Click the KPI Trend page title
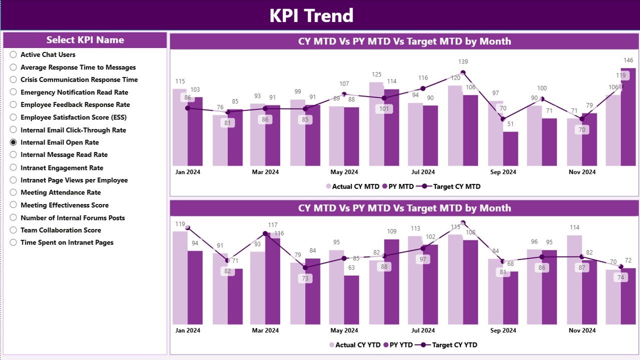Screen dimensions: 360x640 pyautogui.click(x=311, y=15)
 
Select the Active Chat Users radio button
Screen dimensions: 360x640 pyautogui.click(x=14, y=54)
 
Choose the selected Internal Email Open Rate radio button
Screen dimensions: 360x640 pyautogui.click(x=14, y=142)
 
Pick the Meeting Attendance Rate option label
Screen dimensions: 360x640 pyautogui.click(x=61, y=192)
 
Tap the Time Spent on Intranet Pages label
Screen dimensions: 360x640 pyautogui.click(x=67, y=242)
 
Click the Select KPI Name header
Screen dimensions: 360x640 pyautogui.click(x=85, y=40)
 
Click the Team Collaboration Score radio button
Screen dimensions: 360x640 pyautogui.click(x=14, y=230)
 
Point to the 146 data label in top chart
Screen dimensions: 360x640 pyautogui.click(x=628, y=60)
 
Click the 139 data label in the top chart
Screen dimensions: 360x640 pyautogui.click(x=463, y=62)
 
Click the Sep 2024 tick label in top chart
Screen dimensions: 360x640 pyautogui.click(x=503, y=172)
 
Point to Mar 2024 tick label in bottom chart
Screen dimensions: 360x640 pyautogui.click(x=265, y=330)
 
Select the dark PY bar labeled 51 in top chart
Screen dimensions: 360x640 pyautogui.click(x=510, y=149)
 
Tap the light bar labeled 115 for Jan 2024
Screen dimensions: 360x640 pyautogui.click(x=180, y=127)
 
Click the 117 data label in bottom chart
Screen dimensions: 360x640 pyautogui.click(x=273, y=225)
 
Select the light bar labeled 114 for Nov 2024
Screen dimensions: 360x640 pyautogui.click(x=574, y=280)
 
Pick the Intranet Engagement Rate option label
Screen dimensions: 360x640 pyautogui.click(x=62, y=168)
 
